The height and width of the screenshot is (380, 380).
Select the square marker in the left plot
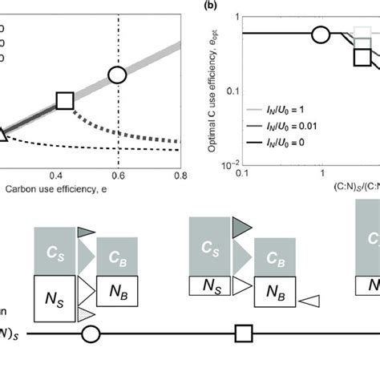click(x=65, y=100)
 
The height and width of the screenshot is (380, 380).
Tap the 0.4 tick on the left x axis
click(x=58, y=174)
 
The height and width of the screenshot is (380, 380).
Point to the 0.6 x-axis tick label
click(x=118, y=174)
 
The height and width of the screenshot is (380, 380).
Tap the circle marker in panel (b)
click(x=321, y=34)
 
